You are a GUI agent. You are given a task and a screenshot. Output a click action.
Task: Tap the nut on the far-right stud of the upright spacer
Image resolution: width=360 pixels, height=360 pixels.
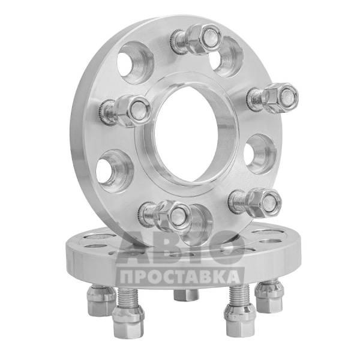(x=281, y=98)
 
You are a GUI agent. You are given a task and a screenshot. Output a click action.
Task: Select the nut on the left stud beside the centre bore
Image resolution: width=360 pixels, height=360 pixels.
(x=133, y=111)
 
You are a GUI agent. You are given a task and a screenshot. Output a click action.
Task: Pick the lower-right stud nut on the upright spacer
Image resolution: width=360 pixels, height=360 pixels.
(x=264, y=203)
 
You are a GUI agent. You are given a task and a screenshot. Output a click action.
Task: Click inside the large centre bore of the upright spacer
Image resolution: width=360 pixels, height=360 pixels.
(x=186, y=134)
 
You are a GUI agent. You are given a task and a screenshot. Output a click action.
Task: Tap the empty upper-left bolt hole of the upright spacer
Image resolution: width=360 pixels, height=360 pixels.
(x=136, y=62)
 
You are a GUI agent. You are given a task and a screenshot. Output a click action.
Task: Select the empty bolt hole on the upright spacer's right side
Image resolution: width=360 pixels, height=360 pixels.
(x=260, y=154)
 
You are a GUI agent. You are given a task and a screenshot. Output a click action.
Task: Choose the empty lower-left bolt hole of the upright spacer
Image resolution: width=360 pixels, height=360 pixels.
(x=115, y=171)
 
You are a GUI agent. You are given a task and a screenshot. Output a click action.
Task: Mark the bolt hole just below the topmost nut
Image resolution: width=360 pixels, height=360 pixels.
(x=226, y=58)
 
